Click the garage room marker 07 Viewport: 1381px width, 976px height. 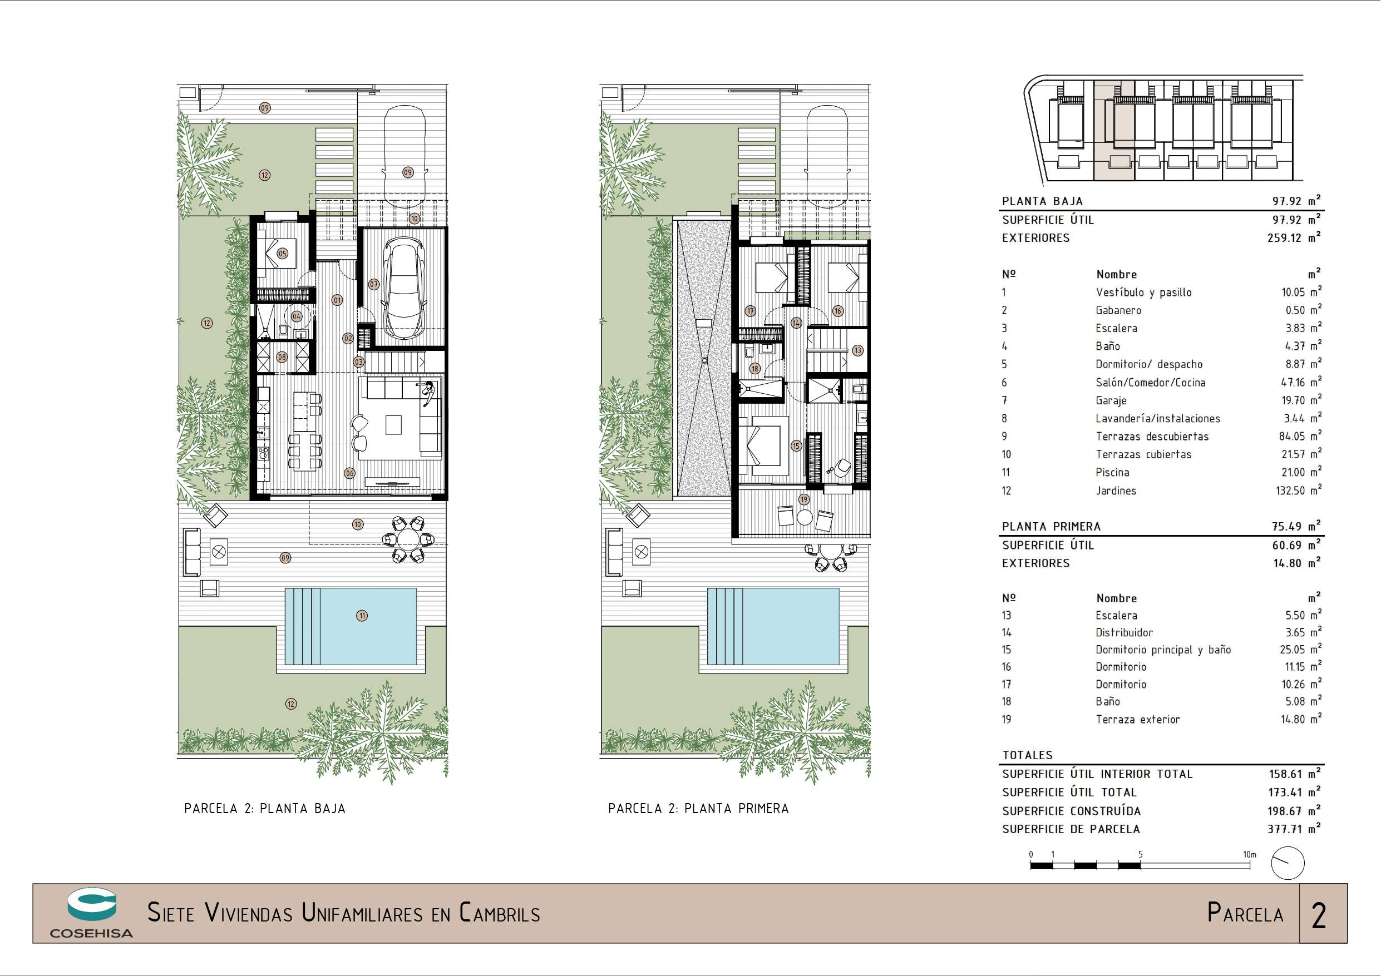[374, 284]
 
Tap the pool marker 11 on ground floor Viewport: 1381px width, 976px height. [362, 615]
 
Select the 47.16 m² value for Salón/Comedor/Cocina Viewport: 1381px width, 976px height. [1301, 382]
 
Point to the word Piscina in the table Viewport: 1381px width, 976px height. [1112, 472]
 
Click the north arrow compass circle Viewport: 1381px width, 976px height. [1288, 864]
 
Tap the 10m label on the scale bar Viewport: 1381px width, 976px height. [1250, 854]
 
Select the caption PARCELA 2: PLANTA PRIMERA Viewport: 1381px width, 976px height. [698, 808]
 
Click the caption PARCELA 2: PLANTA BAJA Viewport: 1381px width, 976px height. [265, 808]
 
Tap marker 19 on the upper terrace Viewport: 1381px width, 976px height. [804, 499]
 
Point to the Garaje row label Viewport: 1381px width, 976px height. [1111, 400]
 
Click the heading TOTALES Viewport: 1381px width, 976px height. [1027, 755]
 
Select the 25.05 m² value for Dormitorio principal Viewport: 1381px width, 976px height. [1301, 649]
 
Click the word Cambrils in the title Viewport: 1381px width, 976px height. [499, 912]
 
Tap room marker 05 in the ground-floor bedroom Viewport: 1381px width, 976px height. [282, 254]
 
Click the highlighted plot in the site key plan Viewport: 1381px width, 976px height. [1113, 131]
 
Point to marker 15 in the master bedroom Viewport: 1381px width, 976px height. [796, 445]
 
